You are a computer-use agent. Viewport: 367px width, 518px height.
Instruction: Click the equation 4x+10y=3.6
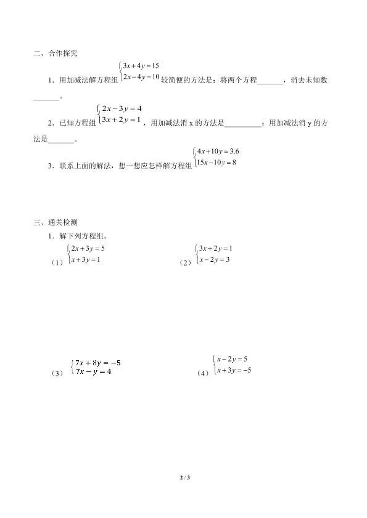coord(217,151)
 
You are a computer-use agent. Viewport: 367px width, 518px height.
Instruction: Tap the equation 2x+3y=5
coord(89,248)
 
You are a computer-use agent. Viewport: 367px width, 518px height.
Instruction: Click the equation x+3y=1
coord(86,260)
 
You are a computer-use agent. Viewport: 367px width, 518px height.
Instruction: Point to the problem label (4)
coord(202,373)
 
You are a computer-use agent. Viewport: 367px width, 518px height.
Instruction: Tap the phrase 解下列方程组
coord(82,235)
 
